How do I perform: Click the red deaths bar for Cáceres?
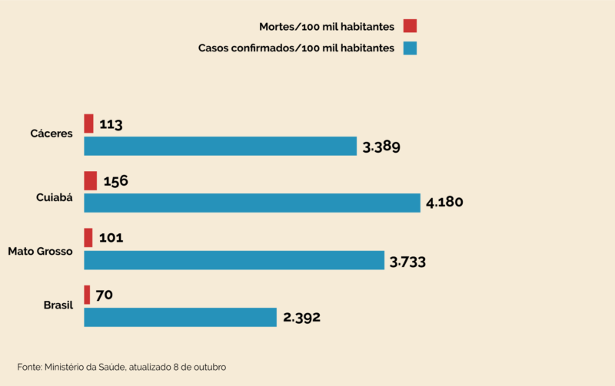(88, 124)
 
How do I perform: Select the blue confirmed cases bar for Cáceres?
(220, 146)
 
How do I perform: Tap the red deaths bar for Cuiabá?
(90, 180)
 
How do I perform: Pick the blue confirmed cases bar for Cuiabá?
(251, 203)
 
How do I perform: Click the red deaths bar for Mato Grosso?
(88, 237)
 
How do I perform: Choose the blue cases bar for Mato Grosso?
(234, 260)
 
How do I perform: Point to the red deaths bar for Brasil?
(87, 295)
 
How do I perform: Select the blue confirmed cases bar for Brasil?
(180, 317)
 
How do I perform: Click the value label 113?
(111, 124)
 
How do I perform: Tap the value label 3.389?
(381, 147)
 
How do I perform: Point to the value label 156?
(115, 181)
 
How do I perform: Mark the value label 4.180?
(444, 203)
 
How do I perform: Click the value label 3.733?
(407, 262)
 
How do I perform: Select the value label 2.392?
(301, 318)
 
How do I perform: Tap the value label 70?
(105, 295)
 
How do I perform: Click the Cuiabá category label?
(55, 197)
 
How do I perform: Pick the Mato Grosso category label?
(40, 251)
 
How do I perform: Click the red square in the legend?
(410, 26)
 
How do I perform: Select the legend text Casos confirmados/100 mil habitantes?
(296, 48)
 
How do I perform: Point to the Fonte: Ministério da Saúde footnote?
(121, 367)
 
